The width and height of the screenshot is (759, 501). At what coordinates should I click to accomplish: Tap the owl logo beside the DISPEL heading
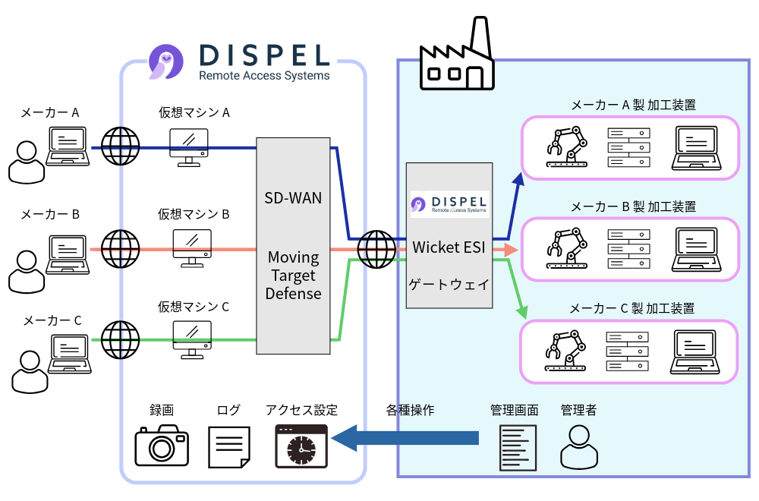[165, 61]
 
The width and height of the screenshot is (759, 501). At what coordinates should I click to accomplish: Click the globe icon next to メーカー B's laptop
[121, 247]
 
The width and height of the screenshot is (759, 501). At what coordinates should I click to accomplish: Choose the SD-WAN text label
[293, 199]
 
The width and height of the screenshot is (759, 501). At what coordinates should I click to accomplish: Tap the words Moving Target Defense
[293, 276]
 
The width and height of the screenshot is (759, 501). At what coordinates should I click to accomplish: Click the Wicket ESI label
[449, 247]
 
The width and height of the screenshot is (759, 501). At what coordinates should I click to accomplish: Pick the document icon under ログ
[229, 446]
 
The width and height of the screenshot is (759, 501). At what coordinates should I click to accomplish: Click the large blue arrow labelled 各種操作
[406, 438]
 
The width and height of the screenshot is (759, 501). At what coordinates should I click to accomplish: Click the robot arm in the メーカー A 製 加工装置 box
[568, 147]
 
